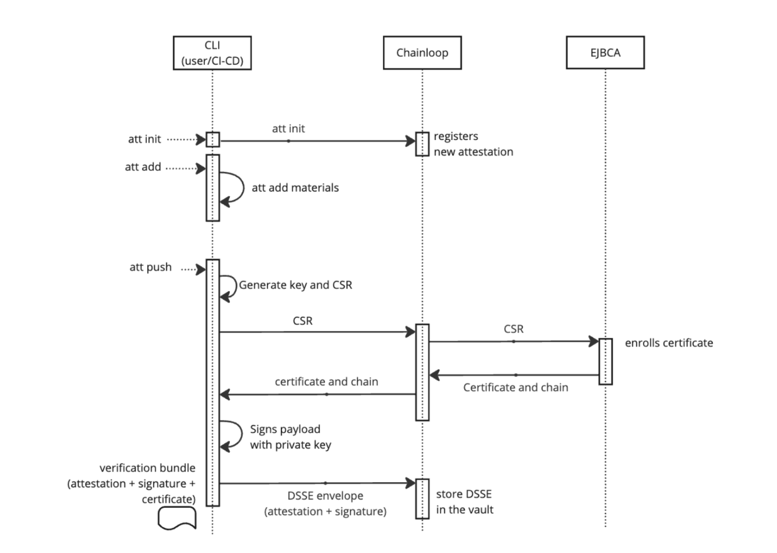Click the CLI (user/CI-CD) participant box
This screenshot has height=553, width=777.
[x=212, y=53]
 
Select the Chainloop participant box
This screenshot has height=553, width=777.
[x=422, y=53]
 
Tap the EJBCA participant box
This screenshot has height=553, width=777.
[x=605, y=53]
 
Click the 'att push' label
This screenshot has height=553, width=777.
[x=150, y=267]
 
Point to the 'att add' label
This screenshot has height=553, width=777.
[x=143, y=167]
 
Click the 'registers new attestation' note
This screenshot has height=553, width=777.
[x=473, y=144]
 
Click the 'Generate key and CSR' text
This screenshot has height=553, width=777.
[x=295, y=285]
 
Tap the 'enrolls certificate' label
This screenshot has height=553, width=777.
[x=669, y=343]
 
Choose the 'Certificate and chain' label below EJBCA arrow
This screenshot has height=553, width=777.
[x=515, y=387]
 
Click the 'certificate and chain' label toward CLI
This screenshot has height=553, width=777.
[x=326, y=382]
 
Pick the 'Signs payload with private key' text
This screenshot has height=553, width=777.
[x=290, y=437]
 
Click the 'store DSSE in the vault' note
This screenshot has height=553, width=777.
[x=464, y=501]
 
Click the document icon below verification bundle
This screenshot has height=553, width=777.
[x=177, y=518]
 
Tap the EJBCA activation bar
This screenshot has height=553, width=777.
[x=605, y=361]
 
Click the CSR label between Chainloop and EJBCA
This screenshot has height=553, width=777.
[x=513, y=329]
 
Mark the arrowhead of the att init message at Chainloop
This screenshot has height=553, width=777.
[x=411, y=141]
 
